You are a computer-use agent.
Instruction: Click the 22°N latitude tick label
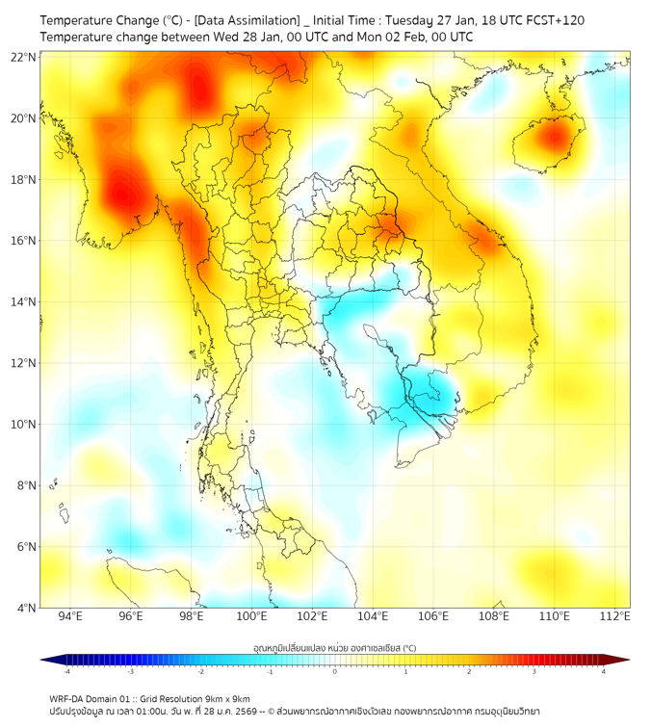(x=24, y=58)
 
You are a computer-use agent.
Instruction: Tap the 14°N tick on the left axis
(x=24, y=302)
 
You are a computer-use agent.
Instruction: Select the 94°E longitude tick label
(x=70, y=616)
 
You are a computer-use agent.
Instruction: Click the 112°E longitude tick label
(x=614, y=616)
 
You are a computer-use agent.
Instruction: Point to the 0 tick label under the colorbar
(x=335, y=671)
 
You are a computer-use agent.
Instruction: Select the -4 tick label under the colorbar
(x=65, y=671)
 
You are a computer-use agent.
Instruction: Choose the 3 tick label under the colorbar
(x=536, y=671)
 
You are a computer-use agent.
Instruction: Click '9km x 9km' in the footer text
(x=229, y=698)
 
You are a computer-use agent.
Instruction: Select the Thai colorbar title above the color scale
(x=334, y=647)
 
